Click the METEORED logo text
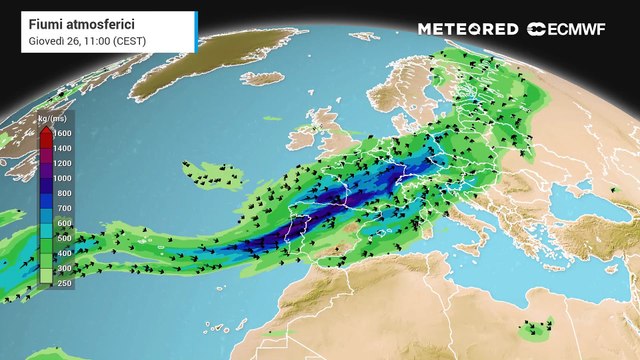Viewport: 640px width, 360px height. pos(467,29)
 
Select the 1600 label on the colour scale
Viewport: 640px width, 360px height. pos(61,133)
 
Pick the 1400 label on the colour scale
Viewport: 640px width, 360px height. pos(61,148)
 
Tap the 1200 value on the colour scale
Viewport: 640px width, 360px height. pos(61,163)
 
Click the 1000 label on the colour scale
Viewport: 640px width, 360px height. pos(61,178)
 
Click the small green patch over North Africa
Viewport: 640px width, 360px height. pos(539,327)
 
